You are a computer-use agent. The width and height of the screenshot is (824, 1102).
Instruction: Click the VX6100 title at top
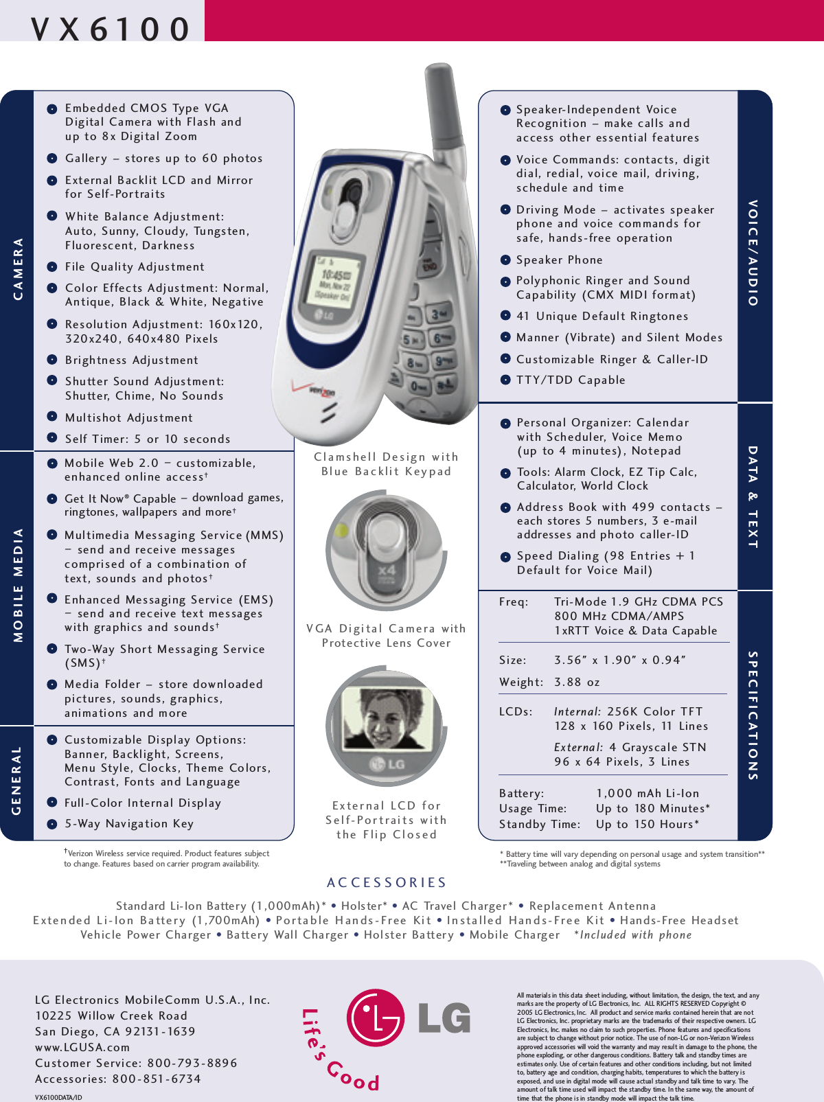click(x=110, y=29)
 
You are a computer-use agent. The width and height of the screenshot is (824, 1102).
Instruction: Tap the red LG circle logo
click(x=376, y=1018)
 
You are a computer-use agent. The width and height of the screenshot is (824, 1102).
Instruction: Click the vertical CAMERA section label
click(x=18, y=268)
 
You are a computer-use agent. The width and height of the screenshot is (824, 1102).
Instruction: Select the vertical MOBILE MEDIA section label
click(x=18, y=585)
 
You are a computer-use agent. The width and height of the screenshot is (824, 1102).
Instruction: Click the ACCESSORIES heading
click(x=387, y=882)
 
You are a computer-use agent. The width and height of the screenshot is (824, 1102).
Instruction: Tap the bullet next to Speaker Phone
click(x=505, y=260)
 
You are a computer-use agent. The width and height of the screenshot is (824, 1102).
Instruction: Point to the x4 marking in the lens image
click(x=387, y=571)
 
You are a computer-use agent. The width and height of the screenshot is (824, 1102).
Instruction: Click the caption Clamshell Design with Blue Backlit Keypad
click(x=386, y=464)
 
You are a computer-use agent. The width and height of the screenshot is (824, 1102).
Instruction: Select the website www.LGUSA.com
click(x=82, y=1047)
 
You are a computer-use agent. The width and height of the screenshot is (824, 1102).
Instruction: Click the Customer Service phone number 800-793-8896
click(x=192, y=1063)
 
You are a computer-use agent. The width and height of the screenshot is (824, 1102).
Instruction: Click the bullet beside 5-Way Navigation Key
click(x=52, y=824)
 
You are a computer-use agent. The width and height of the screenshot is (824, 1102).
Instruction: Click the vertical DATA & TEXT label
click(x=753, y=496)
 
